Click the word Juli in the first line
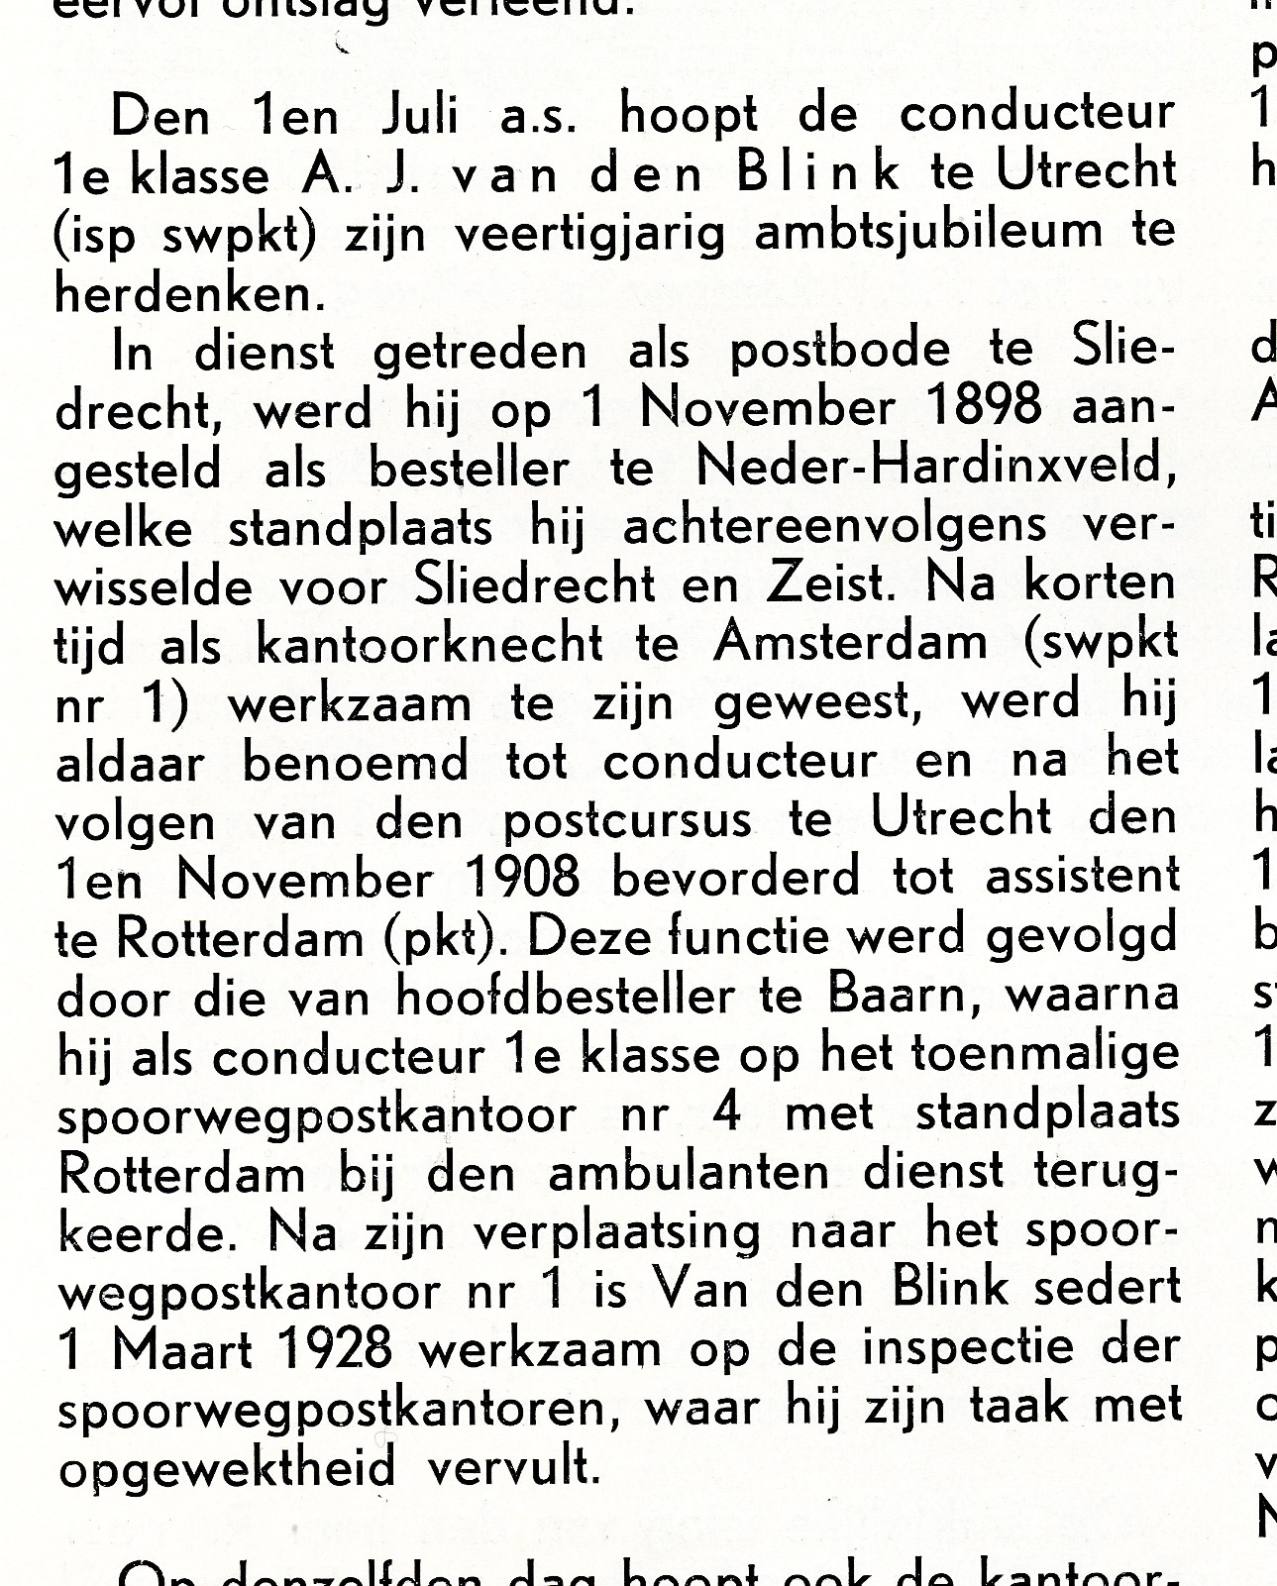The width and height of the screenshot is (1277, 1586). (419, 118)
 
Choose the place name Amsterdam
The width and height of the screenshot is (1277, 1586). (851, 644)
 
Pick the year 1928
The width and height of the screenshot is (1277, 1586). (326, 1348)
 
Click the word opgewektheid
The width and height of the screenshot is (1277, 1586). (226, 1467)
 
